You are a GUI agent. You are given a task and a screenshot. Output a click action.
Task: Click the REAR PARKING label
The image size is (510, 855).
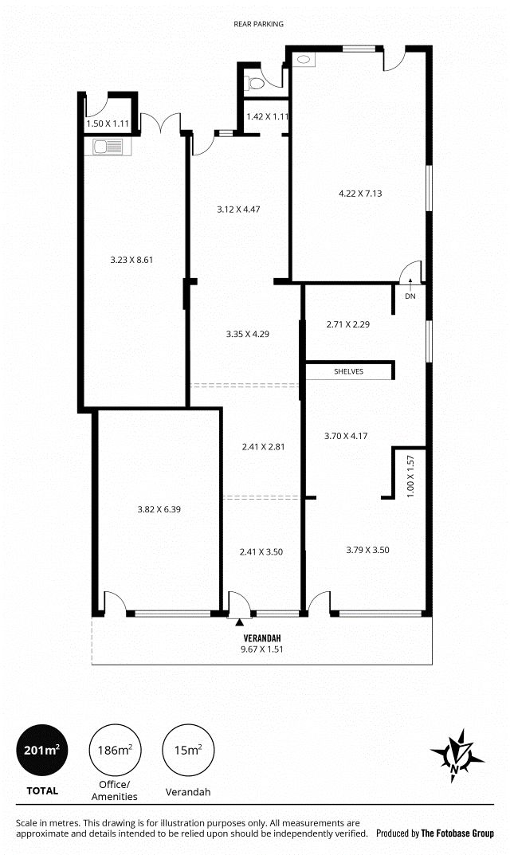[258, 24]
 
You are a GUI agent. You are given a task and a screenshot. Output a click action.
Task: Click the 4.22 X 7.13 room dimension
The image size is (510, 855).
[360, 193]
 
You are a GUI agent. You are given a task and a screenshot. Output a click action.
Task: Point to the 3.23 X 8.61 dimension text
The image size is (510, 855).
[131, 260]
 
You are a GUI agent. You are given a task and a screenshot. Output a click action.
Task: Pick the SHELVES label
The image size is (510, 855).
[348, 372]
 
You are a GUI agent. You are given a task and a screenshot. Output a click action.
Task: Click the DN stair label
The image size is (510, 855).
[410, 296]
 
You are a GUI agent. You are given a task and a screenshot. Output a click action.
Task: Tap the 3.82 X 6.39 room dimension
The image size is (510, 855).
[159, 509]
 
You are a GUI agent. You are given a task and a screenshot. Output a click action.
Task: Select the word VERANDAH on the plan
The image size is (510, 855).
[262, 638]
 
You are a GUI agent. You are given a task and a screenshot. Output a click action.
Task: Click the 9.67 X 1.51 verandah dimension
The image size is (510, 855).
[262, 649]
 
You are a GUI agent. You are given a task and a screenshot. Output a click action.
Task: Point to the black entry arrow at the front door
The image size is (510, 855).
[239, 622]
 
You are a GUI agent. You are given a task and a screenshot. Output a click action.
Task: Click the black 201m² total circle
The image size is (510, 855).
[42, 751]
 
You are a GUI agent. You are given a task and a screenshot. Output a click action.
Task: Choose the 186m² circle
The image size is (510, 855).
[115, 751]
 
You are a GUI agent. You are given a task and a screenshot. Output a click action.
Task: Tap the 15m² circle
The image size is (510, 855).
[188, 751]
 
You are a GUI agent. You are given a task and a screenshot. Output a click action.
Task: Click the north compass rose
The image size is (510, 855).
[457, 755]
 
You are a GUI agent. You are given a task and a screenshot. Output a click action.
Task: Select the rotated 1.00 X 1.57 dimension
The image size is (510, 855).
[410, 476]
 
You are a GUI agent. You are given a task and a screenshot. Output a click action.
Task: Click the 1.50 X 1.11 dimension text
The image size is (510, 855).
[108, 124]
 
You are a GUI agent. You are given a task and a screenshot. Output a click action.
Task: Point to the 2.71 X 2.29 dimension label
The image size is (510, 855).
[348, 324]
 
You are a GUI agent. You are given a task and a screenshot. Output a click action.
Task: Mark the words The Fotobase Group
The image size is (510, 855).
[457, 833]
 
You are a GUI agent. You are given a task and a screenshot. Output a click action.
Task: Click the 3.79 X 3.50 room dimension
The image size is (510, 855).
[367, 550]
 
